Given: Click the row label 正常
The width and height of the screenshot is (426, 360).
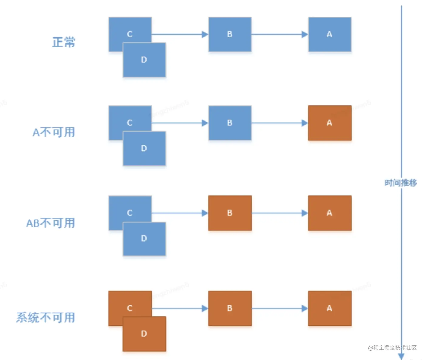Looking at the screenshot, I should coord(64,42).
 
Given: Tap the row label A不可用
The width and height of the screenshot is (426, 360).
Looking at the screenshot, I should coord(54,132).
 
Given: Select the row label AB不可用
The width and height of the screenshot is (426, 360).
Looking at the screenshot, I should coord(50,223).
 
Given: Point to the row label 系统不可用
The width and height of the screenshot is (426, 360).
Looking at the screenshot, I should coord(46,318).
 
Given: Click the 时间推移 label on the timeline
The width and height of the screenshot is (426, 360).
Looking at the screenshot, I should coord(401,183).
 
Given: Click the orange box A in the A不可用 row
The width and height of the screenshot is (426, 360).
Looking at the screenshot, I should coord(330,123).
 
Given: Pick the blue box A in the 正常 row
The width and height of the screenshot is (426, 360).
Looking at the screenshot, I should coord(330,34).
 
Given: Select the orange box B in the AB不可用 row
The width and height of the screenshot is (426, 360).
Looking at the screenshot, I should coord(230,213).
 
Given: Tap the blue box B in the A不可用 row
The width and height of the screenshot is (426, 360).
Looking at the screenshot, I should coord(230,123).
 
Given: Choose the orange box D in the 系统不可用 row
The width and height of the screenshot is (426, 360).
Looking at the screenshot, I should coord(144,334).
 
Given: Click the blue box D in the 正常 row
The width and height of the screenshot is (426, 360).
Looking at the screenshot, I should coord(144,60).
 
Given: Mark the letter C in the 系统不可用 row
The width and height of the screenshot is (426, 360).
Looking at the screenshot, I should coord(130,308).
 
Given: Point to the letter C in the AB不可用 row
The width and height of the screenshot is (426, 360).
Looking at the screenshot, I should coord(130,213).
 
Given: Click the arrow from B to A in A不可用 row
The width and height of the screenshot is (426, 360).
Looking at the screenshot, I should coord(279,123).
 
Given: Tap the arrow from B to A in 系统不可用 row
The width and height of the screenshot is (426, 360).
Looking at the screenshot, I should coord(279,308).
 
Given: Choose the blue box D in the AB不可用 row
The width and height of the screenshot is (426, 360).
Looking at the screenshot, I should coord(144,239).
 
